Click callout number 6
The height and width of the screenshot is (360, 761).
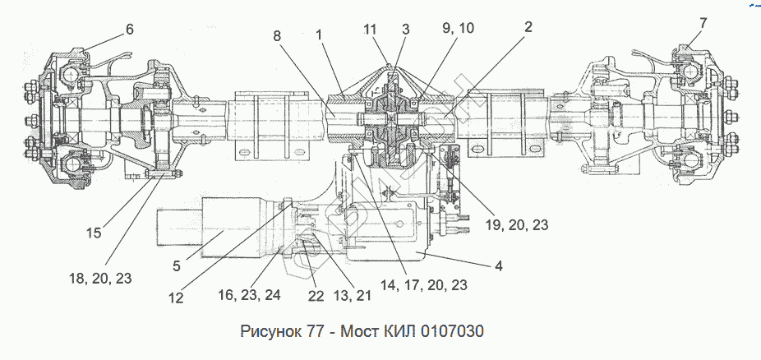[x=129, y=29]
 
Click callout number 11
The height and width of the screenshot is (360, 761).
[x=371, y=29]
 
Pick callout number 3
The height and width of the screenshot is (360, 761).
[x=405, y=29]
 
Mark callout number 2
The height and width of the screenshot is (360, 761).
[x=528, y=27]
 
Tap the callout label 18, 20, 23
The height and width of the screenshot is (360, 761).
[x=102, y=279]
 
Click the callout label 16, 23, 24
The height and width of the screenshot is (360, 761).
[x=249, y=294]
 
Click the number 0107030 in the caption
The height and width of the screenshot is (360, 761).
[x=452, y=332]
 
